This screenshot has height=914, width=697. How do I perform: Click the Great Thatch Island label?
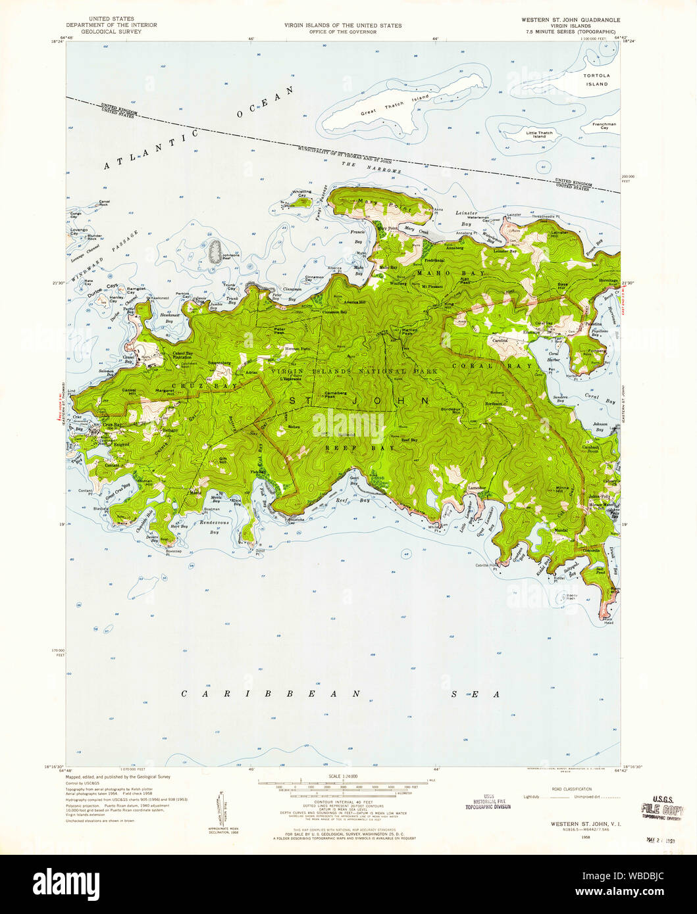(394, 105)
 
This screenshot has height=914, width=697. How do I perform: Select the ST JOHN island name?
(358, 400)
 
